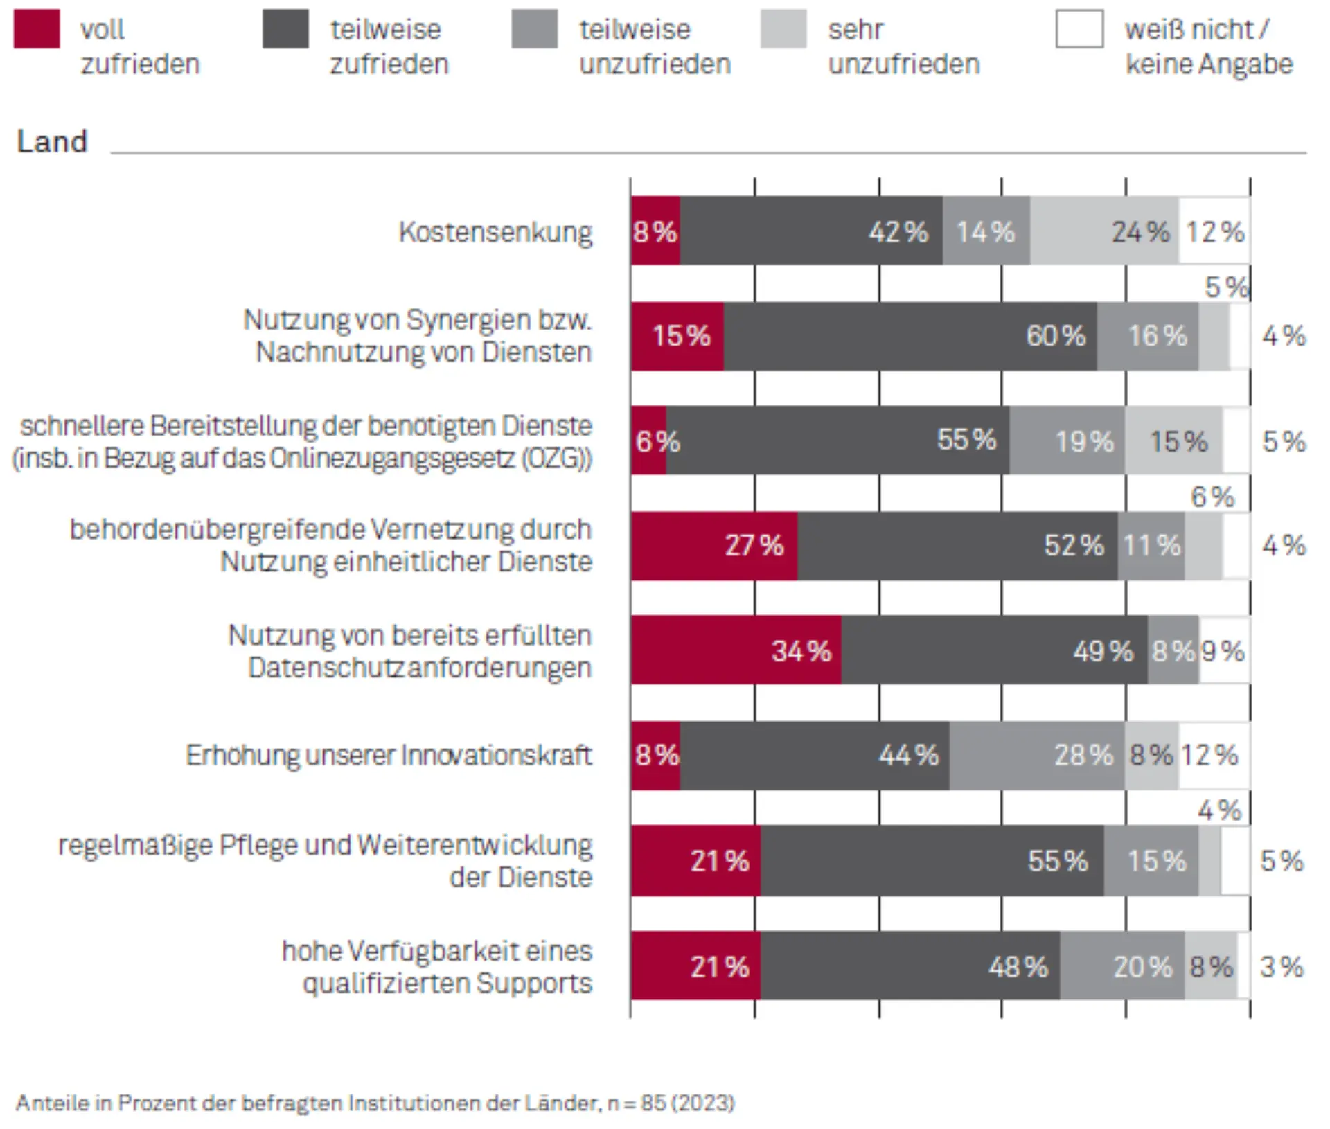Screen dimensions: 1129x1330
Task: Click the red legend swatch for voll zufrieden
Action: pos(37,29)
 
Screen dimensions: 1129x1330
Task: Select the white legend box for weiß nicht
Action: pos(1079,29)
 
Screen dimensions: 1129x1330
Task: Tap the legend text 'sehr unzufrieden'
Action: pos(903,46)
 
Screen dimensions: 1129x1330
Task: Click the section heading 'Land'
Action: pos(52,141)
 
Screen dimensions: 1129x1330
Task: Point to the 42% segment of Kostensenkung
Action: pos(810,231)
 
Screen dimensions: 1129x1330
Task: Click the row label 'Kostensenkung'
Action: pos(495,231)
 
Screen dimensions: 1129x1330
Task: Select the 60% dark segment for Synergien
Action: pos(910,336)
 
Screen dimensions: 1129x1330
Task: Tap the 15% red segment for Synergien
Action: pos(677,336)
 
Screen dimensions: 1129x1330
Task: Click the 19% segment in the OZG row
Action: pos(1067,441)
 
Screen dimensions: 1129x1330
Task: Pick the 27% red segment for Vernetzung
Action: pos(713,545)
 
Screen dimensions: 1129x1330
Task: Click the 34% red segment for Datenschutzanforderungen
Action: pos(736,650)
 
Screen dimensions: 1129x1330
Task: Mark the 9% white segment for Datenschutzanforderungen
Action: pos(1224,650)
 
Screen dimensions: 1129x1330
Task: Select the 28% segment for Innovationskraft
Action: pos(1036,754)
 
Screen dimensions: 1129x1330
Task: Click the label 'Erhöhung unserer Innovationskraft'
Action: pos(389,754)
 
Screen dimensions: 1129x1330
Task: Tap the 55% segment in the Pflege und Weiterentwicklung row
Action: pos(932,860)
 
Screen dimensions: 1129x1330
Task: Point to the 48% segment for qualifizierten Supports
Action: pos(910,966)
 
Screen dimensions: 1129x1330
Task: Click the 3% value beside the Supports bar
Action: pos(1282,966)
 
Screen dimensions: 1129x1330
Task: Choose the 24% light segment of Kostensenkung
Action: pos(1103,231)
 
